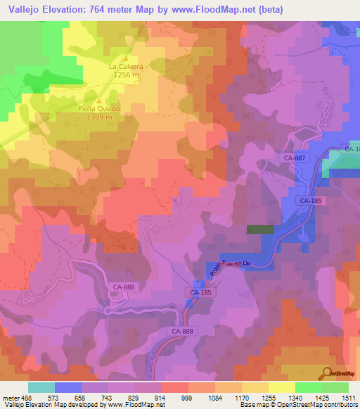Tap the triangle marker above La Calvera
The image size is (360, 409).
(x=127, y=58)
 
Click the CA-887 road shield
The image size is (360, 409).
(x=295, y=158)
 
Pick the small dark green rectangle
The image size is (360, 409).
(x=260, y=229)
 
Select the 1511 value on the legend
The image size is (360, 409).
(x=348, y=397)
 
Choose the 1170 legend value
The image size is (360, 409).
(x=243, y=397)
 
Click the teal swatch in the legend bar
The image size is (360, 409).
(x=41, y=387)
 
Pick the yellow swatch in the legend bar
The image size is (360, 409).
(x=281, y=387)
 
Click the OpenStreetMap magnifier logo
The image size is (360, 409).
(x=326, y=372)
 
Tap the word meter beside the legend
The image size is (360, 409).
(x=10, y=397)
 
